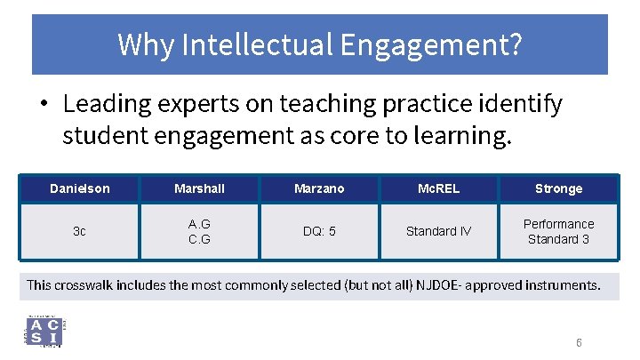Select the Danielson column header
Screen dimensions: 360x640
pyautogui.click(x=80, y=188)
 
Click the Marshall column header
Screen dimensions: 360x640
pyautogui.click(x=199, y=188)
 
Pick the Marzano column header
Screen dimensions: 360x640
pyautogui.click(x=319, y=188)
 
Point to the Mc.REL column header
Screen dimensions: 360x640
pyautogui.click(x=438, y=188)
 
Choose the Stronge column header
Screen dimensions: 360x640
pyautogui.click(x=558, y=188)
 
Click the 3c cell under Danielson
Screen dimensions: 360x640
pyautogui.click(x=80, y=231)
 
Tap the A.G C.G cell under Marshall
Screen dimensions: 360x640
pyautogui.click(x=199, y=231)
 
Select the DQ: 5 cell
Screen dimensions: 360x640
pyautogui.click(x=319, y=231)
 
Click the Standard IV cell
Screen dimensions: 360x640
pyautogui.click(x=438, y=231)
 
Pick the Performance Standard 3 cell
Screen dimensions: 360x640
pyautogui.click(x=558, y=231)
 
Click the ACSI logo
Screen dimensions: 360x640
pyautogui.click(x=44, y=332)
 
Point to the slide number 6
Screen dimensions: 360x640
pyautogui.click(x=579, y=343)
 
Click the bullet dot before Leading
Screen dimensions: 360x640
pyautogui.click(x=43, y=105)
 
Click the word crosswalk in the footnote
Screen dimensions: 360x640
pyautogui.click(x=88, y=285)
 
